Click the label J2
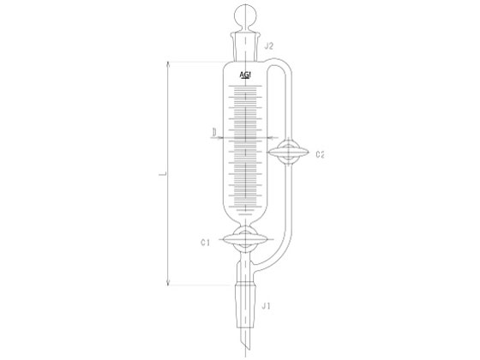click(x=268, y=46)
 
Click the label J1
click(x=266, y=306)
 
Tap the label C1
click(x=205, y=243)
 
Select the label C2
click(x=320, y=154)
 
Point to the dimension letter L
click(x=164, y=174)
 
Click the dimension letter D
click(x=214, y=132)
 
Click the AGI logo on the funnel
click(x=245, y=75)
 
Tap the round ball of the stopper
click(x=245, y=15)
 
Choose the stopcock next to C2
click(x=288, y=153)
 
